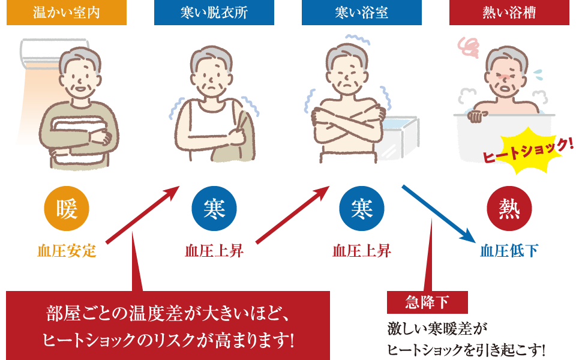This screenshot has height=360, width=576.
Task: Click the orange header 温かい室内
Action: click(x=67, y=13)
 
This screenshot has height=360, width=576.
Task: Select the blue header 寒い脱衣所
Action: click(x=214, y=13)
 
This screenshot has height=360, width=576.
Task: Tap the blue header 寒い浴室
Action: click(x=361, y=13)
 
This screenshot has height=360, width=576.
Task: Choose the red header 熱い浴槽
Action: click(x=509, y=13)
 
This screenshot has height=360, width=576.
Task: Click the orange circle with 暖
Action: click(x=67, y=209)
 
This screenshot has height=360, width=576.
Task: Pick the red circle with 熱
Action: click(x=509, y=209)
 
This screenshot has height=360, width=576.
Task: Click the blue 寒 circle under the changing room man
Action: click(x=214, y=209)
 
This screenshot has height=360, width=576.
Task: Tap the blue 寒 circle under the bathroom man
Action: click(x=361, y=209)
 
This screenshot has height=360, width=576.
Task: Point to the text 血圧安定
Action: click(x=67, y=250)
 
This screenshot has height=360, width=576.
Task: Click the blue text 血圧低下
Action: click(x=509, y=250)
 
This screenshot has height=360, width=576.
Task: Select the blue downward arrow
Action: click(x=435, y=212)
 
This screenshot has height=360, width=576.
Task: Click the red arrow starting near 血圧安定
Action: click(x=143, y=215)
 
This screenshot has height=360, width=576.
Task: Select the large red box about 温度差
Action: click(x=168, y=325)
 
